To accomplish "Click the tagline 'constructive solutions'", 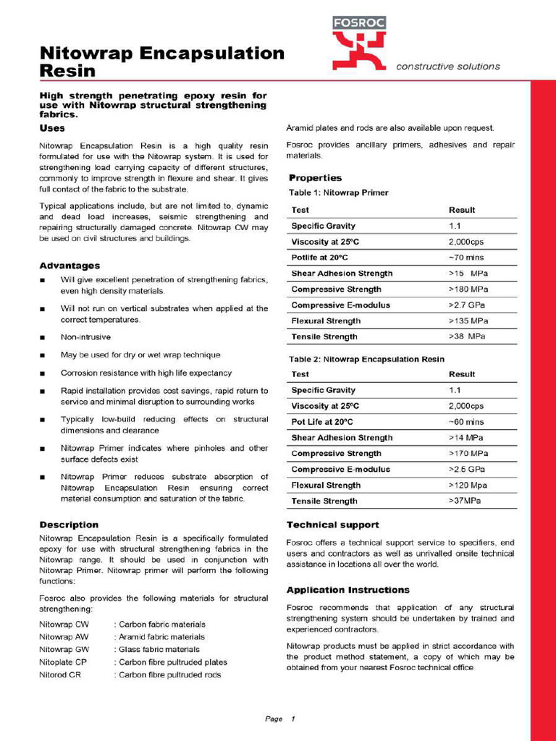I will (x=447, y=67).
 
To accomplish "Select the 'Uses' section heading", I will (x=52, y=128).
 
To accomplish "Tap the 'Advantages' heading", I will (x=69, y=266).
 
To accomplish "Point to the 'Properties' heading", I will (x=315, y=178).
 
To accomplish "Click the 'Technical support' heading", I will (x=332, y=525).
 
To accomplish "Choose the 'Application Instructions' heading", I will (x=347, y=590).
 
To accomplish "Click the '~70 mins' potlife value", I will (x=467, y=258).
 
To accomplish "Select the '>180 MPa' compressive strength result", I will (x=468, y=289).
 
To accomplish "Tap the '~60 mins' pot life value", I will (x=467, y=422).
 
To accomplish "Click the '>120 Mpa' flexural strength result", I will (x=468, y=486).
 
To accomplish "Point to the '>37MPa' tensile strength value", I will (x=465, y=501).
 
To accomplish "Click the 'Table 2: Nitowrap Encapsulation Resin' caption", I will (x=366, y=359).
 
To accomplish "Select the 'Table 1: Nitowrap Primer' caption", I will (x=338, y=193).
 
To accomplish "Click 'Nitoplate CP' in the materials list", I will (x=63, y=662).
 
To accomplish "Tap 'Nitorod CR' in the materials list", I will (x=59, y=675).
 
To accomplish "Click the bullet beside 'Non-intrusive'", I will (x=43, y=338).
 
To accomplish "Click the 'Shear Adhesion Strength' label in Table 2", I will (x=342, y=438).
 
